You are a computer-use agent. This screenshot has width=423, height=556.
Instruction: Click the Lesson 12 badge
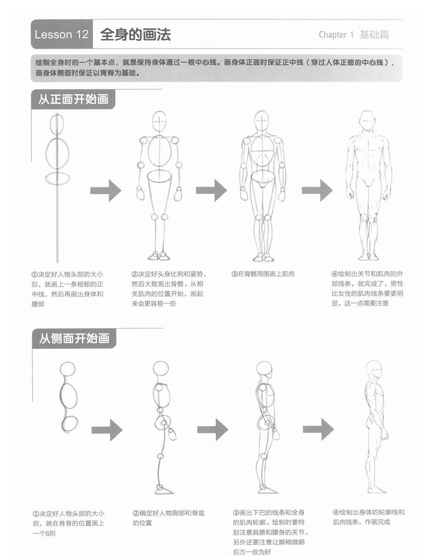(x=62, y=34)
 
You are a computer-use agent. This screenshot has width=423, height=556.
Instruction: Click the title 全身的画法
(x=135, y=34)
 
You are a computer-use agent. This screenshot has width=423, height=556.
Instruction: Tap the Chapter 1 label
(x=336, y=35)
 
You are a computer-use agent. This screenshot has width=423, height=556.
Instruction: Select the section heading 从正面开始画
(x=73, y=99)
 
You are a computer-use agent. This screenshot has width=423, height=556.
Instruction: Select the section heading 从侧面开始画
(x=74, y=338)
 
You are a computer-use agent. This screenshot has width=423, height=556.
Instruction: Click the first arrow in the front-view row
(x=106, y=191)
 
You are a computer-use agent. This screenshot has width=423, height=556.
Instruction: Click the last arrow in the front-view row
(x=317, y=191)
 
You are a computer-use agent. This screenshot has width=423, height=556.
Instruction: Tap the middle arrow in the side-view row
(x=213, y=430)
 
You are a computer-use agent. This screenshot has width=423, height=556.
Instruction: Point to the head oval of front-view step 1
(x=57, y=124)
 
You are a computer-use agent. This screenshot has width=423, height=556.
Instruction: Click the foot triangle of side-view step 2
(x=164, y=491)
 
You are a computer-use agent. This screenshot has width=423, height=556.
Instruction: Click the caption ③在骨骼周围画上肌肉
(x=263, y=274)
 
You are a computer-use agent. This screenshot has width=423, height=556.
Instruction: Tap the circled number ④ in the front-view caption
(x=335, y=274)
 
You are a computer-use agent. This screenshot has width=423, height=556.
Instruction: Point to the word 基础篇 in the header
(x=374, y=35)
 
